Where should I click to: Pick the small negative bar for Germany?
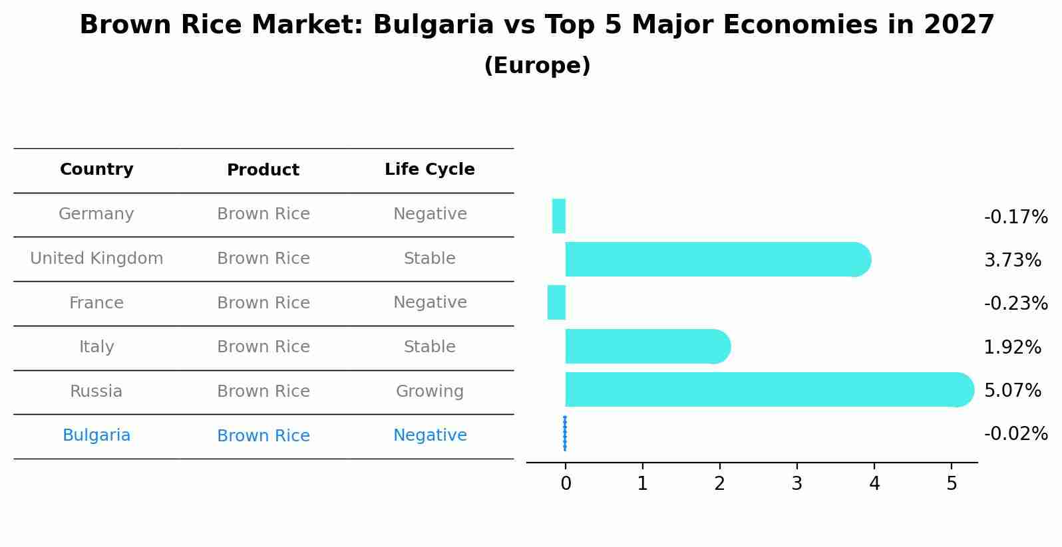point(559,216)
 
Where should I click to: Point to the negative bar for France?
point(556,302)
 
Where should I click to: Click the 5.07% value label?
point(1012,390)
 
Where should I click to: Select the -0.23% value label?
point(1015,303)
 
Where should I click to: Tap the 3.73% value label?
point(1012,260)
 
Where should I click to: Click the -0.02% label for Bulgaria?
point(1015,433)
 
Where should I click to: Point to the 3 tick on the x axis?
point(796,483)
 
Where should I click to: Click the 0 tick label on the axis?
point(566,483)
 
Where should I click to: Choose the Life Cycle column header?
point(429,169)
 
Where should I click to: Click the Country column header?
point(96,169)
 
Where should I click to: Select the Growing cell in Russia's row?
point(429,391)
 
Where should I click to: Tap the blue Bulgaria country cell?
point(96,435)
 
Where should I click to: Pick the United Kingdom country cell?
point(96,258)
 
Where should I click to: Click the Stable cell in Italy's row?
point(429,346)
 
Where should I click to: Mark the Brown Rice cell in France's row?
point(263,302)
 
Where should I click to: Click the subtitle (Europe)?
point(537,66)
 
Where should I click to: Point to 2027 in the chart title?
point(958,25)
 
